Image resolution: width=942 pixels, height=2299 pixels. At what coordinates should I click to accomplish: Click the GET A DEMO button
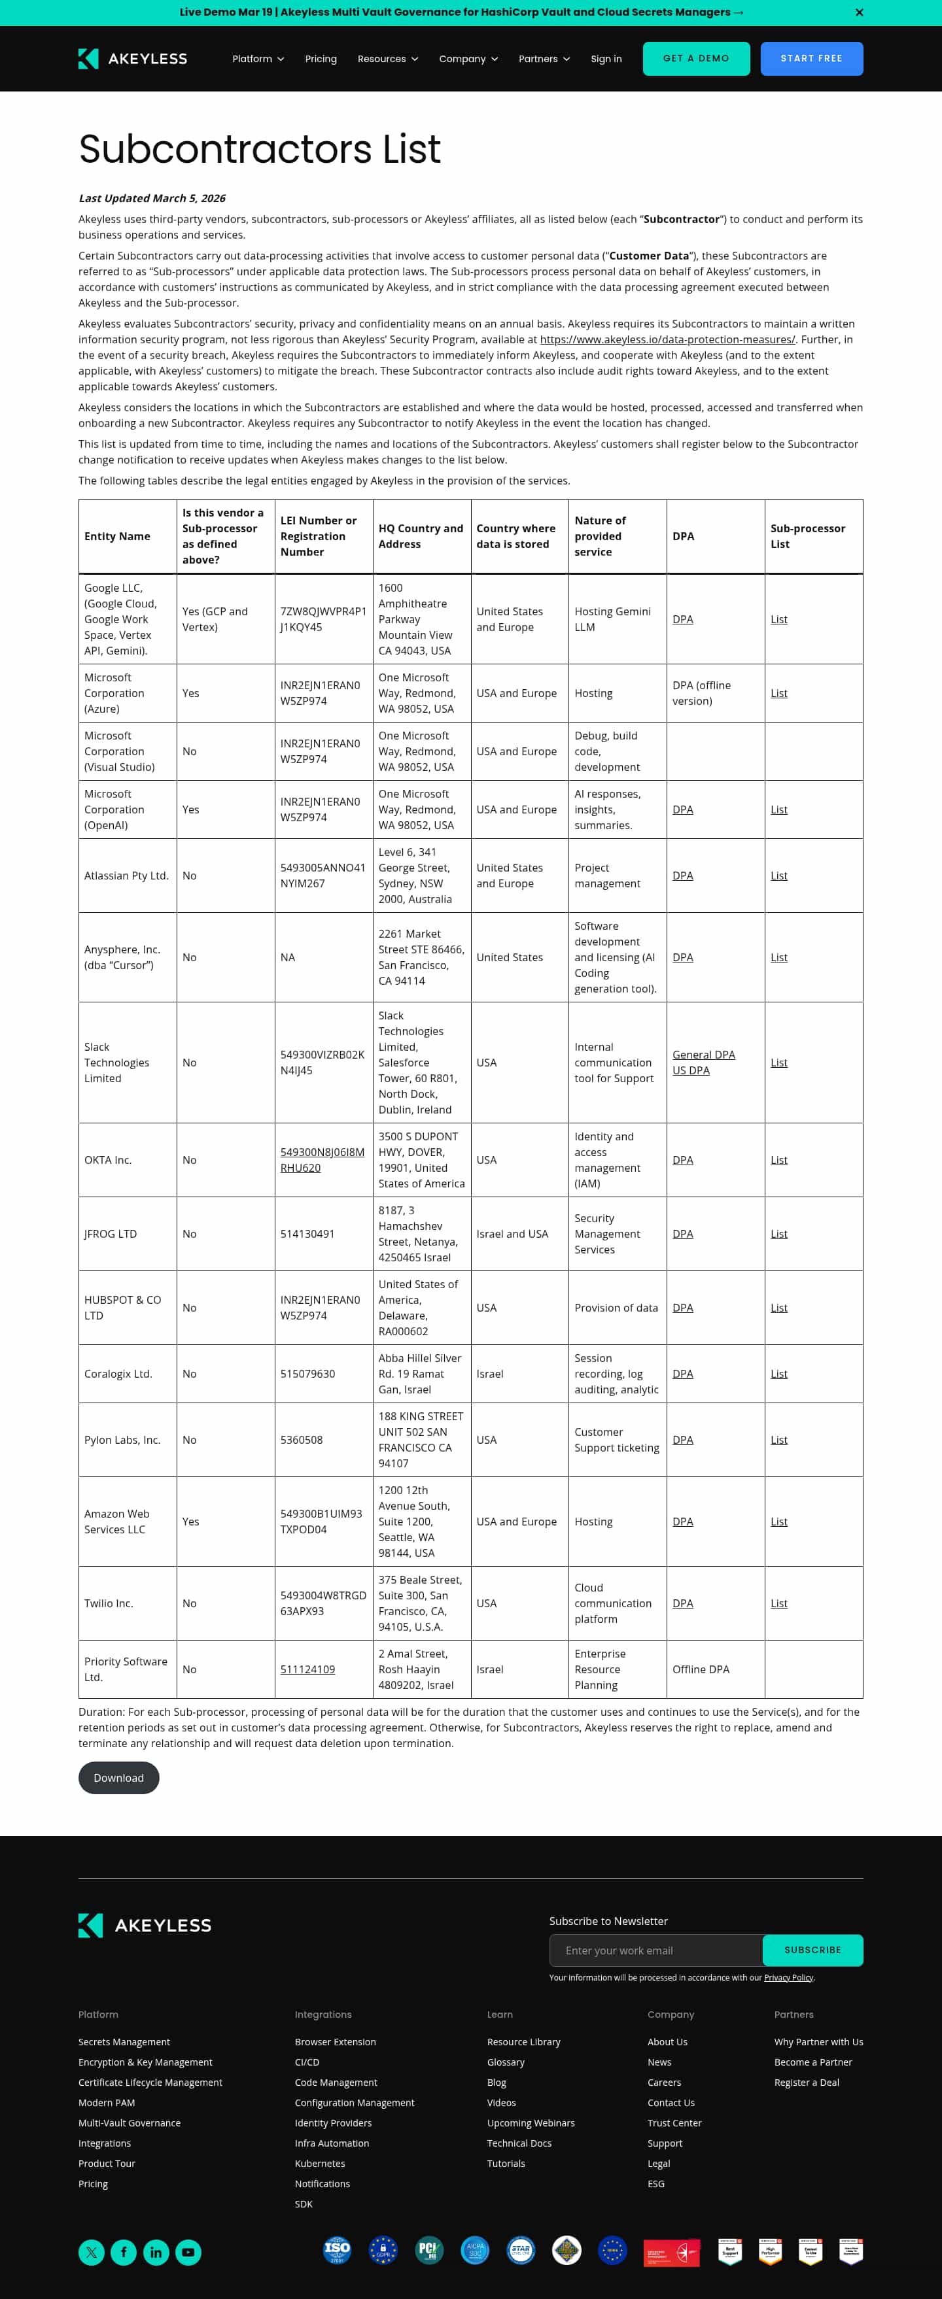pyautogui.click(x=695, y=59)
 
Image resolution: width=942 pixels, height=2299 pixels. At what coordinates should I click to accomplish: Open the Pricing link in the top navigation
pyautogui.click(x=321, y=59)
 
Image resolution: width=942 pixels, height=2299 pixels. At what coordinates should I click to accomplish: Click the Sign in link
pyautogui.click(x=605, y=59)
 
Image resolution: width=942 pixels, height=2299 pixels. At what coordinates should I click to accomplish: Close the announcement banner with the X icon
pyautogui.click(x=859, y=12)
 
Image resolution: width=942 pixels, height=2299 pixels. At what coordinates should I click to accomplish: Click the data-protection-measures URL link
pyautogui.click(x=667, y=339)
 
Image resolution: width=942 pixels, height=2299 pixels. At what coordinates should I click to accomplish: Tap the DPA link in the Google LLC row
pyautogui.click(x=682, y=619)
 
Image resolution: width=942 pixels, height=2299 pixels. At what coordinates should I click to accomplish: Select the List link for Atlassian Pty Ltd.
pyautogui.click(x=778, y=876)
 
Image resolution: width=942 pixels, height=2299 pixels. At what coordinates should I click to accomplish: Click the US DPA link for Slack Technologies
pyautogui.click(x=690, y=1070)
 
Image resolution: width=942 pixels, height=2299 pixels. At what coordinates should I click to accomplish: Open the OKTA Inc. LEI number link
pyautogui.click(x=321, y=1159)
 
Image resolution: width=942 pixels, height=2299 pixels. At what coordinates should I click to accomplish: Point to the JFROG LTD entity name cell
pyautogui.click(x=111, y=1233)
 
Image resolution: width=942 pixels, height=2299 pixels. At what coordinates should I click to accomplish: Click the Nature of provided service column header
pyautogui.click(x=599, y=536)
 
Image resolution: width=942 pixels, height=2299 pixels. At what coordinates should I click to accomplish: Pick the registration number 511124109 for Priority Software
pyautogui.click(x=307, y=1669)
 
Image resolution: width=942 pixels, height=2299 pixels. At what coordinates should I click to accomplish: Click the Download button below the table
pyautogui.click(x=119, y=1778)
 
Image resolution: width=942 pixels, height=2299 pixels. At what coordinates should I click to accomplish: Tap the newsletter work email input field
pyautogui.click(x=655, y=1950)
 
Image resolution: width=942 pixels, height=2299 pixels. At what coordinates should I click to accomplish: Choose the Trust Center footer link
pyautogui.click(x=674, y=2122)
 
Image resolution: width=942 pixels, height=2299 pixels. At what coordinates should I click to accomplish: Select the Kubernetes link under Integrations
pyautogui.click(x=320, y=2164)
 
